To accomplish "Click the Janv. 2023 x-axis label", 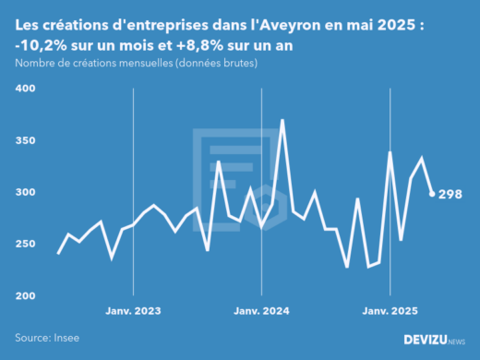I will [135, 311].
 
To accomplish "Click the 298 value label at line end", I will [450, 194].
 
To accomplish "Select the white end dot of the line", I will [432, 194].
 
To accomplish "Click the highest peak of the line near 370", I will [282, 121].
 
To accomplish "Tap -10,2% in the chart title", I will [41, 46].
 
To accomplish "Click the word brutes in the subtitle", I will [235, 64].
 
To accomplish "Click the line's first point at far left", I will [59, 254].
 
